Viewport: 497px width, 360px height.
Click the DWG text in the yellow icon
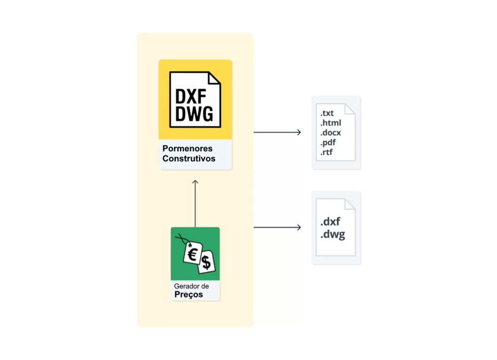click(x=194, y=114)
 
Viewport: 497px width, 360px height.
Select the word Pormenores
click(x=187, y=148)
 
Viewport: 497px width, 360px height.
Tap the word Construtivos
click(x=189, y=159)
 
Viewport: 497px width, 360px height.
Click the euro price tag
click(x=192, y=253)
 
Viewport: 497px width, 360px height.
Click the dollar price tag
click(x=206, y=262)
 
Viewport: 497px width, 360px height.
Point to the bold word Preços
click(x=188, y=295)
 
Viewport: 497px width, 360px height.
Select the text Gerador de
click(x=191, y=286)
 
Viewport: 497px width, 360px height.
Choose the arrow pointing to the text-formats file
click(x=277, y=132)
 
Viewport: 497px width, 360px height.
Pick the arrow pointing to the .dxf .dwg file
click(x=277, y=227)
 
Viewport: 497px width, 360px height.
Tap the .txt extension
click(x=327, y=114)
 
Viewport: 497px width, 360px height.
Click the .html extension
click(x=330, y=123)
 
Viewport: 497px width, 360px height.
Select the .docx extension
click(x=330, y=133)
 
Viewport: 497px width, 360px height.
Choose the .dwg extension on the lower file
click(x=332, y=235)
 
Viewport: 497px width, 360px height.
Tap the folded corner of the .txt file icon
click(x=350, y=109)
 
